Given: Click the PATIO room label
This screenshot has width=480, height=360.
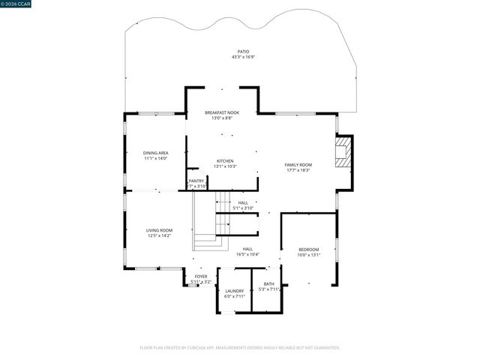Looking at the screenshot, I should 244,51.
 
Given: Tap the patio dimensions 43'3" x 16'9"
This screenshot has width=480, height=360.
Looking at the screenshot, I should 244,57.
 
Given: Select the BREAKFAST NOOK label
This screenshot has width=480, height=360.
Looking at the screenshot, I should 223,112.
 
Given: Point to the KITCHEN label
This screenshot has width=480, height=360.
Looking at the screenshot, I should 225,160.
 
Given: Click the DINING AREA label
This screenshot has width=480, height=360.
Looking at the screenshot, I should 156,153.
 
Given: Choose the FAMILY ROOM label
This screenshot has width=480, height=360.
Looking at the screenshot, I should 298,164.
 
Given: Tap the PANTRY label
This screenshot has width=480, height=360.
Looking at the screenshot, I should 196,181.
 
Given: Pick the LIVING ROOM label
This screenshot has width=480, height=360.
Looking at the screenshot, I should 159,230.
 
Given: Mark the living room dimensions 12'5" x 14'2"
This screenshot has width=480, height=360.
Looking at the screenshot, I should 159,236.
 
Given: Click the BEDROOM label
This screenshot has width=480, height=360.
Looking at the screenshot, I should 309,250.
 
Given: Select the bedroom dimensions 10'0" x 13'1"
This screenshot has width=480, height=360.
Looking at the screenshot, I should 309,256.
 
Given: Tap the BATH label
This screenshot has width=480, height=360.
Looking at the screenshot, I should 268,283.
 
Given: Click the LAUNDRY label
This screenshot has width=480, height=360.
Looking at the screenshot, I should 235,291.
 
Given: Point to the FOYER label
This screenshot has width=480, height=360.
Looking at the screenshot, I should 201,276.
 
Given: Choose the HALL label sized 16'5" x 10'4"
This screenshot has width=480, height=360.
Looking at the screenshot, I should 247,249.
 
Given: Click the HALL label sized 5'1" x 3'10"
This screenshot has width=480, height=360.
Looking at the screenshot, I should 243,202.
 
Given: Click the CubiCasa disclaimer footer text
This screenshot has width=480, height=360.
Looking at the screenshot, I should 240,347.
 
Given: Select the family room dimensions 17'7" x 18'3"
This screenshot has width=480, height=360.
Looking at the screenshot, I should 298,170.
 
